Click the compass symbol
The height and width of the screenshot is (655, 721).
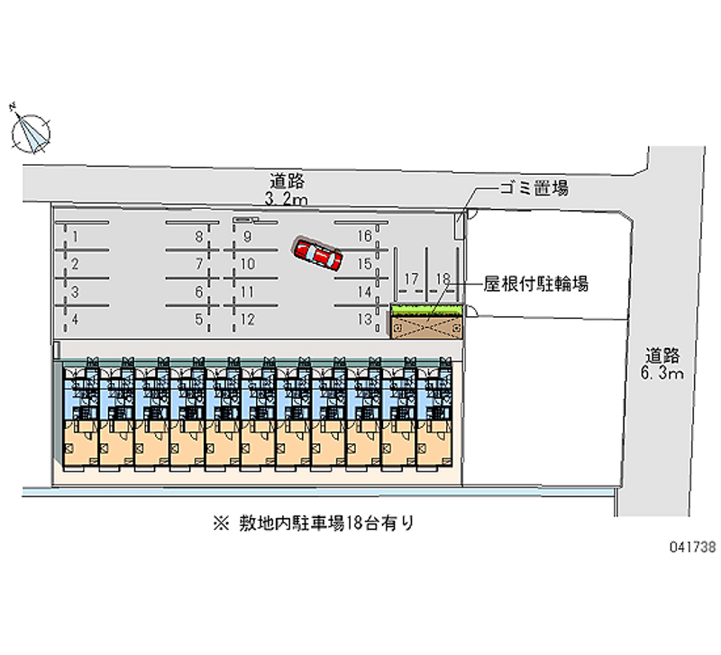point(31,132)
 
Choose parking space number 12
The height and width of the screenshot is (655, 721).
point(249,319)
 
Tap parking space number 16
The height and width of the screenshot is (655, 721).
point(364,237)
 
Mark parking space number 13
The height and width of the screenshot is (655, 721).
point(364,319)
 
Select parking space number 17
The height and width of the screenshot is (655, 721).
point(411,279)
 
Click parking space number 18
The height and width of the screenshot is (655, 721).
point(442,279)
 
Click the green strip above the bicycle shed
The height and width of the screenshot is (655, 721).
point(425,311)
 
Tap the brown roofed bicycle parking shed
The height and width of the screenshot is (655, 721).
point(426,325)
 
